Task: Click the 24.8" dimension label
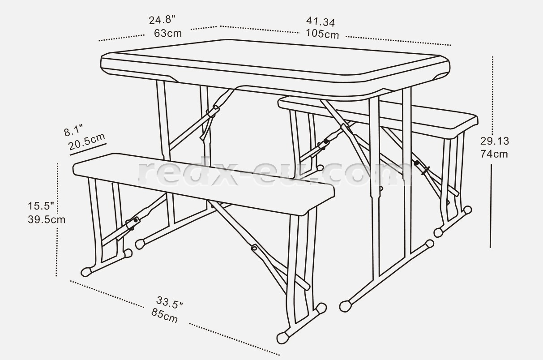[162, 20]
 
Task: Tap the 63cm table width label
[168, 33]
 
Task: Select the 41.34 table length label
[321, 21]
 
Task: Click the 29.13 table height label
[495, 141]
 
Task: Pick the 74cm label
[494, 154]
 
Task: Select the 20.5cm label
[87, 142]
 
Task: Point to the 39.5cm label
[47, 220]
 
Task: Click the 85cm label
[165, 316]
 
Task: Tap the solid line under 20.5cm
[88, 150]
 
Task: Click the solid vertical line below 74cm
[491, 206]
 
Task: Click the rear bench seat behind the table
[378, 116]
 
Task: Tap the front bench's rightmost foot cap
[321, 309]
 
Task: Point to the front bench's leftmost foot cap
[86, 272]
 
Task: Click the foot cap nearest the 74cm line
[467, 210]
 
